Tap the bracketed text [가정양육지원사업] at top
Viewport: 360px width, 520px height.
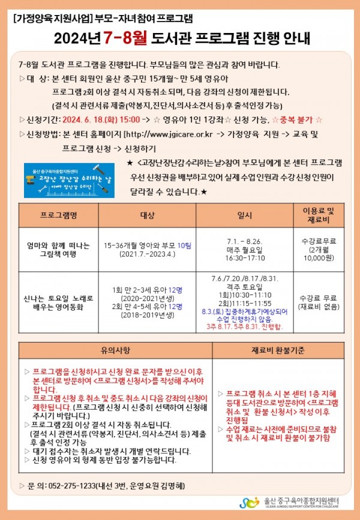pyautogui.click(x=52, y=19)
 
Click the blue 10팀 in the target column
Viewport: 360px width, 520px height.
pyautogui.click(x=184, y=245)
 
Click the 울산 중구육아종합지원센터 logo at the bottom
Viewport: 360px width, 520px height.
pyautogui.click(x=294, y=502)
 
